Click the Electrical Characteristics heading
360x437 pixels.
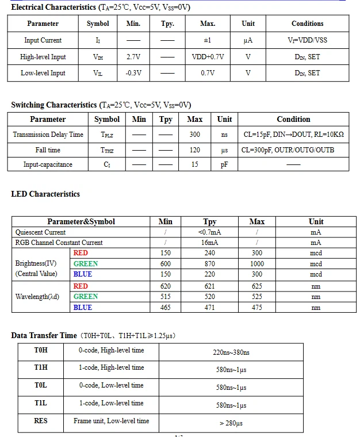(x=53, y=7)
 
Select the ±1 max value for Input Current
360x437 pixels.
(x=208, y=40)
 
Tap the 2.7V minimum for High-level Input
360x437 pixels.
(x=133, y=57)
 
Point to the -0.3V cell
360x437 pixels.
(x=133, y=73)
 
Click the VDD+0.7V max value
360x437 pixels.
(x=208, y=57)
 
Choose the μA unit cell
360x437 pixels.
(x=248, y=40)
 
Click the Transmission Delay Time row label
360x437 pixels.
(x=48, y=135)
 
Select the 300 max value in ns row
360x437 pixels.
(x=195, y=135)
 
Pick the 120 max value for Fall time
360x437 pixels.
(x=195, y=150)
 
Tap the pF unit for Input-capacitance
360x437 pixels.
(x=224, y=164)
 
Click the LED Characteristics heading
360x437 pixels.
(x=45, y=194)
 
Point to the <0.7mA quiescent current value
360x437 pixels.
(x=210, y=232)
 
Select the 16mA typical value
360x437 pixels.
(x=210, y=243)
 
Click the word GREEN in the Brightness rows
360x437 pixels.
(x=86, y=264)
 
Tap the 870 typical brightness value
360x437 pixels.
(x=210, y=264)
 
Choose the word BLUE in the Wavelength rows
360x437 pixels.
(x=83, y=308)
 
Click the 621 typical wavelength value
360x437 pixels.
(x=210, y=286)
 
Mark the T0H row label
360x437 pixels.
(x=41, y=350)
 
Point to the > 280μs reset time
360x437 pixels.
(x=231, y=424)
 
